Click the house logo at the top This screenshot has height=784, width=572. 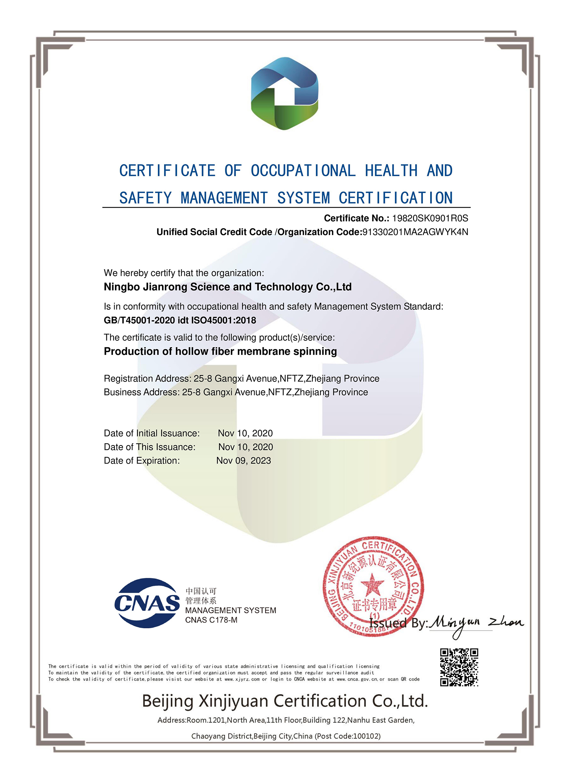284,93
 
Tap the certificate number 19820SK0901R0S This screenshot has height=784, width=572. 430,218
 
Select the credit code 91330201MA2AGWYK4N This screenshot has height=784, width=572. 415,232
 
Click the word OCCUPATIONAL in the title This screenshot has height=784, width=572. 303,171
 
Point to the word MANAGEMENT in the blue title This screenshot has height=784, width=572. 224,198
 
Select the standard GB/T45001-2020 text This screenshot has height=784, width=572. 139,320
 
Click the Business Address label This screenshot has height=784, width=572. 142,392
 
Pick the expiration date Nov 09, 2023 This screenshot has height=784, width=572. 244,461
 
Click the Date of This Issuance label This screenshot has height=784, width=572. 150,447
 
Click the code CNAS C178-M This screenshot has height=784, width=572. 211,620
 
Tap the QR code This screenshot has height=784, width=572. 459,667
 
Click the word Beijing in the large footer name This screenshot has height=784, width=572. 168,701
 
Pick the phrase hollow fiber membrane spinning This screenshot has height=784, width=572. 256,351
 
